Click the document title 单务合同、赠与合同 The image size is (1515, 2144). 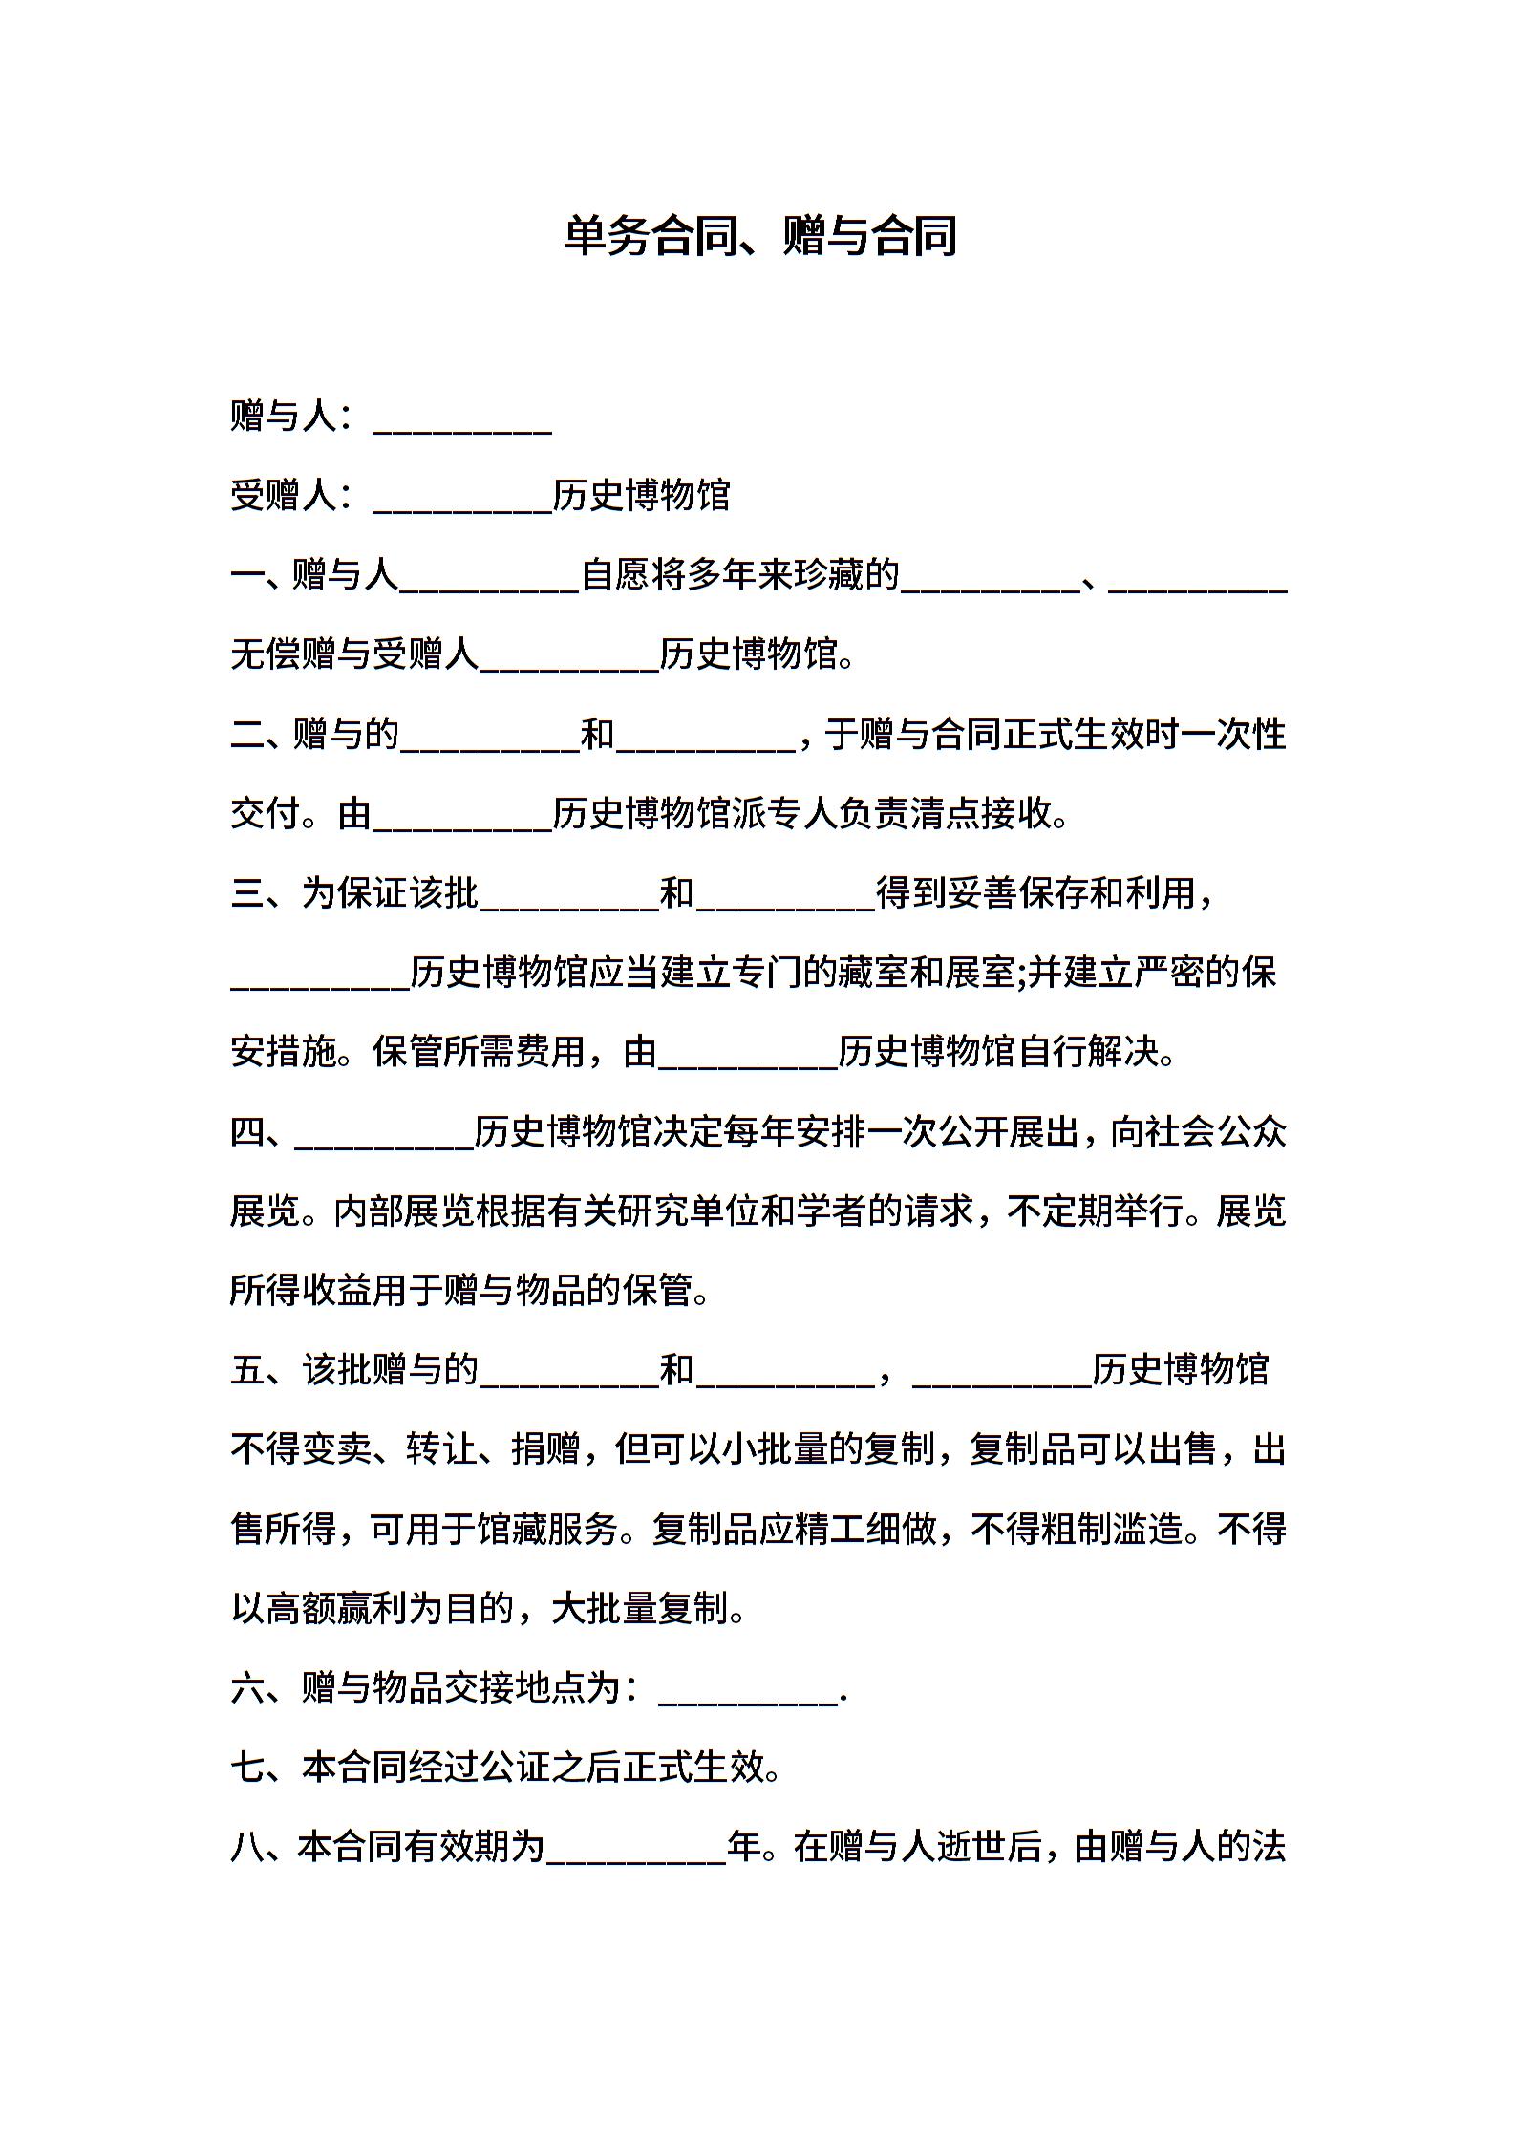point(759,236)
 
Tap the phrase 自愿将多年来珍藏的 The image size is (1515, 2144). point(740,575)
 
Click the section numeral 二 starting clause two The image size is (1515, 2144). point(247,735)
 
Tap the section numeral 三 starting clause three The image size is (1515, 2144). point(247,893)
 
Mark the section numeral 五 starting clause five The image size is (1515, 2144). point(247,1370)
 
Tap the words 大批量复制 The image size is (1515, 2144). point(640,1609)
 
